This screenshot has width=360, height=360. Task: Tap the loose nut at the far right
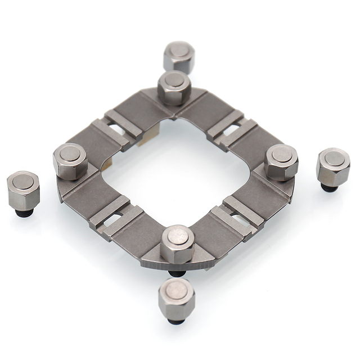(x=333, y=166)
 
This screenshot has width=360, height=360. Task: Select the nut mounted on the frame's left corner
(x=70, y=161)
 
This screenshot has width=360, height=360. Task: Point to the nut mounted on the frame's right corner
(x=281, y=161)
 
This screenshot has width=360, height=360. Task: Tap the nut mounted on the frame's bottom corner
(x=178, y=243)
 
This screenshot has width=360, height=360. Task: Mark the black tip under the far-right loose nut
(x=330, y=188)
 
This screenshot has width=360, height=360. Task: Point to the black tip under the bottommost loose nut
(x=176, y=321)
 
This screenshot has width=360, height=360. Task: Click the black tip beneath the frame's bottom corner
(x=177, y=273)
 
